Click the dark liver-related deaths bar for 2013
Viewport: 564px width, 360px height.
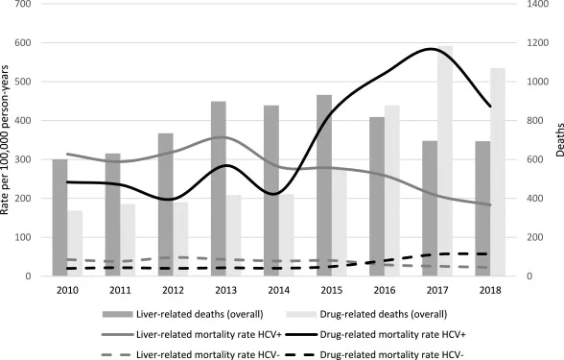(219, 188)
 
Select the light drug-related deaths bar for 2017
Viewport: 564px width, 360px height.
(445, 161)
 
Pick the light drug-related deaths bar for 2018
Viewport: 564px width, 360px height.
(498, 172)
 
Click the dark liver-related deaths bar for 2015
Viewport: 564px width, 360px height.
(324, 185)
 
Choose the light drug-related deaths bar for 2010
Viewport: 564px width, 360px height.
(75, 244)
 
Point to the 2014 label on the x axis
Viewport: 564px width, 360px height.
(279, 290)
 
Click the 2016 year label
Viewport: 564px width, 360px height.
(385, 290)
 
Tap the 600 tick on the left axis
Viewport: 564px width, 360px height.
(23, 43)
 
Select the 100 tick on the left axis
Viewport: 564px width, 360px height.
(23, 238)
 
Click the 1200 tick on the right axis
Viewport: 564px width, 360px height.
(538, 43)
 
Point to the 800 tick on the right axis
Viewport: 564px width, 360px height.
(535, 121)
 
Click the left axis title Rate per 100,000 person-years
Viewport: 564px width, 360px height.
(5, 140)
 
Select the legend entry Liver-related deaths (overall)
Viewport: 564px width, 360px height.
(182, 314)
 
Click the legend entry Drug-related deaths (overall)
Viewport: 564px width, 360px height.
(366, 314)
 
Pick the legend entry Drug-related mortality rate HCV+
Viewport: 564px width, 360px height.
(376, 335)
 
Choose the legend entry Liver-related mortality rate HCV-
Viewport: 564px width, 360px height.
(191, 355)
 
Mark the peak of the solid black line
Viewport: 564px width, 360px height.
(430, 48)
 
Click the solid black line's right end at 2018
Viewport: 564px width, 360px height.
(491, 107)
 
